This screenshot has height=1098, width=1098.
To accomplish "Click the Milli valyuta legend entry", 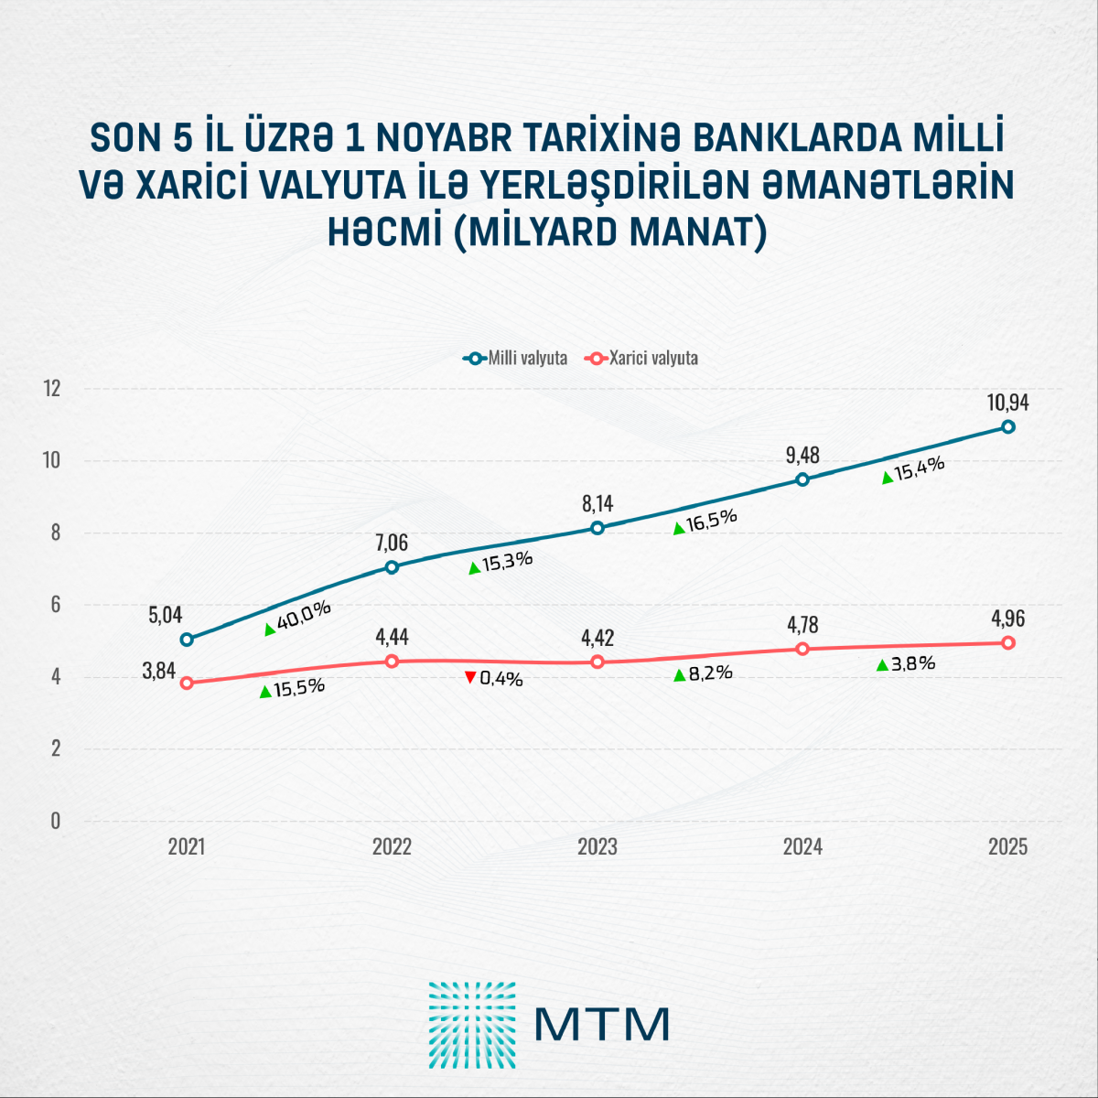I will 515,358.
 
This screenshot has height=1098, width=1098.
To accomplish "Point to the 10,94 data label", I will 1008,402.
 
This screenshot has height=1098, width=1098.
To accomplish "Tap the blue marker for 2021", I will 187,640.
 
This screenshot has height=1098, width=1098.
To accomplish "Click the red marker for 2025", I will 1008,643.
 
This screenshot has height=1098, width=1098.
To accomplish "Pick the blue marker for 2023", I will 597,528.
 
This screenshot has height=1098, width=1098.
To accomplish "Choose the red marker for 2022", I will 392,661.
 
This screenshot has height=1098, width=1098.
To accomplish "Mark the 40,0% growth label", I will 304,616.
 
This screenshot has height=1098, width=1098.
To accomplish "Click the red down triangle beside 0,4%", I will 470,677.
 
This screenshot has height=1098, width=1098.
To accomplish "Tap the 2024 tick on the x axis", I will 802,846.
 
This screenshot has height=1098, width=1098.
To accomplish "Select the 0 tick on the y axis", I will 56,821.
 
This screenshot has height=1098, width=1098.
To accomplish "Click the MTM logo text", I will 602,1024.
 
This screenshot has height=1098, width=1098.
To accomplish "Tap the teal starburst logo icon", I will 472,1025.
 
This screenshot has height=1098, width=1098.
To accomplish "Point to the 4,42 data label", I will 597,637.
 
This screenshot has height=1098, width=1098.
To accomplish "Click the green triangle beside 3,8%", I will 882,665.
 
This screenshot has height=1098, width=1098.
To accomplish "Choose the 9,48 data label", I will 802,455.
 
